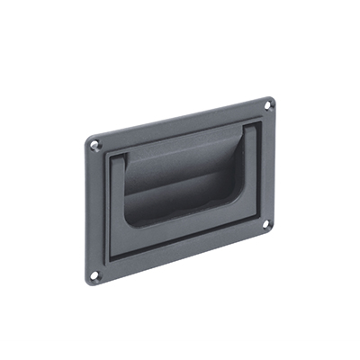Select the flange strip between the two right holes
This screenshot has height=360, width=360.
click(x=268, y=166)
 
